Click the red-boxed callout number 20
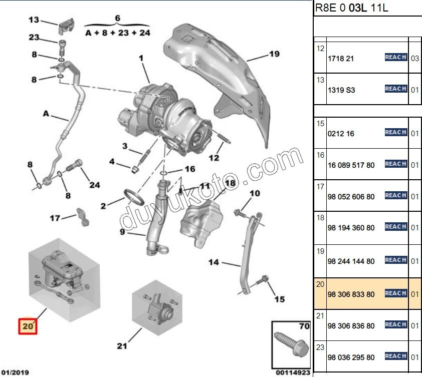pos(28,326)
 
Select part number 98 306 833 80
pos(351,294)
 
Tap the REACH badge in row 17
pos(395,195)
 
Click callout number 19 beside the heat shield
pos(274,54)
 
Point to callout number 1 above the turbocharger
pos(141,59)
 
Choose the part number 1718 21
pos(341,59)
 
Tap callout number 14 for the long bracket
pos(214,262)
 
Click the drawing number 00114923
pos(293,372)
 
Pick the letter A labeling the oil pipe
pos(45,114)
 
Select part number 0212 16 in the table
pos(341,134)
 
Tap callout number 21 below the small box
pos(122,346)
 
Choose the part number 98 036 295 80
pos(351,357)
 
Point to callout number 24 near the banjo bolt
pos(95,185)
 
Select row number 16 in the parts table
pos(321,156)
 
